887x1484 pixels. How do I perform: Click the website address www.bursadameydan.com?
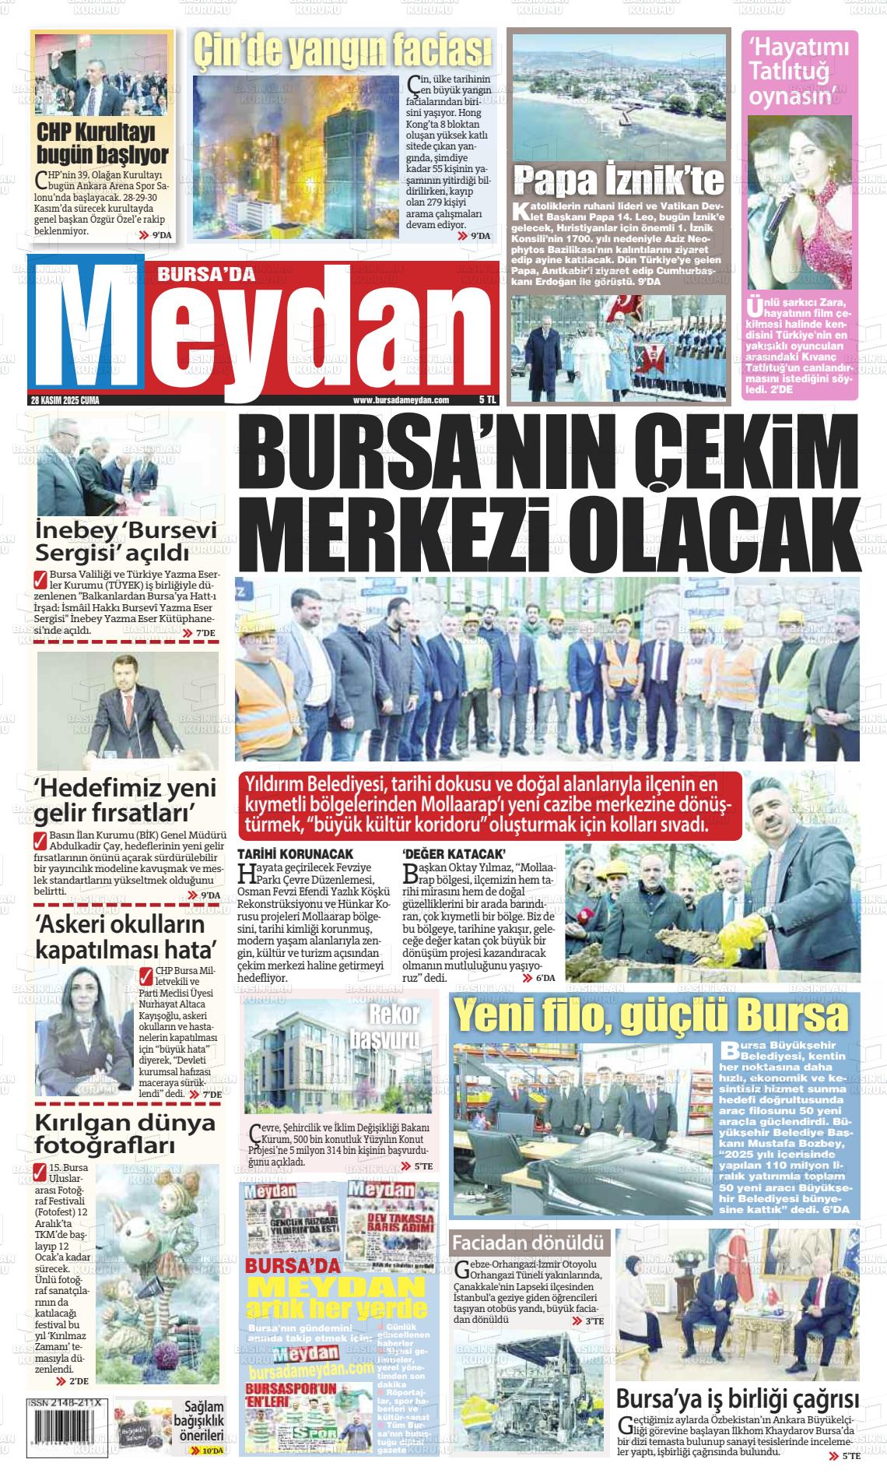pyautogui.click(x=401, y=400)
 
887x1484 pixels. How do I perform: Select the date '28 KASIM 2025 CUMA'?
pyautogui.click(x=65, y=400)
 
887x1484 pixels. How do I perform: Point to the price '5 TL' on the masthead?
pyautogui.click(x=487, y=400)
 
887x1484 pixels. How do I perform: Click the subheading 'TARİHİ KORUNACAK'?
pyautogui.click(x=296, y=854)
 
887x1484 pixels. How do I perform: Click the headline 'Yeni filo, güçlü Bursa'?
pyautogui.click(x=650, y=1015)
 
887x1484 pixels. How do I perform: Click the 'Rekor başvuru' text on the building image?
pyautogui.click(x=394, y=1026)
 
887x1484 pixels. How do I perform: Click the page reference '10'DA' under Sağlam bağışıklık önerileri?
pyautogui.click(x=211, y=1451)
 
